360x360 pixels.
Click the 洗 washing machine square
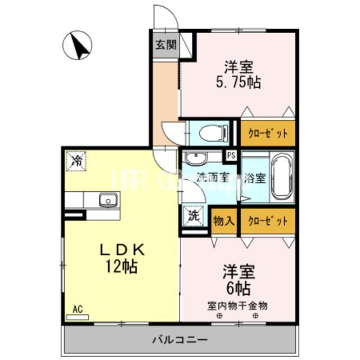(192, 215)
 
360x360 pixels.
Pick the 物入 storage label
(224, 220)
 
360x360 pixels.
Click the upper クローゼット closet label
(268, 134)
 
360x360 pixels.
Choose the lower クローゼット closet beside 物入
(268, 220)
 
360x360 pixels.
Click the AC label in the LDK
(78, 309)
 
